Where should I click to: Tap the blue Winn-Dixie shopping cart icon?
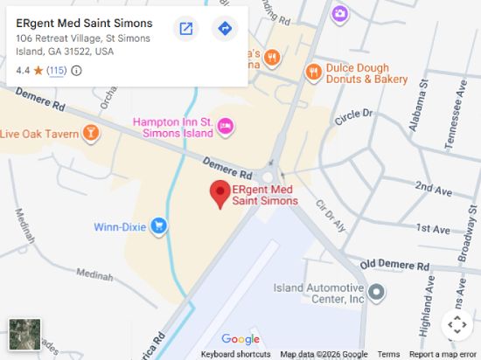tap(158, 227)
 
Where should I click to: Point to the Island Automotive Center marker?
tap(376, 293)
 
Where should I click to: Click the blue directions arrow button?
tap(225, 29)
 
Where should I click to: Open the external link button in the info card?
tap(186, 29)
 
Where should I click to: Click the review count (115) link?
tap(56, 71)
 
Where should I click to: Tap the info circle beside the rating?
tap(76, 71)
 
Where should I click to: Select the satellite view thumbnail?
tap(24, 333)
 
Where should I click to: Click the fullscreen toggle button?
tap(457, 325)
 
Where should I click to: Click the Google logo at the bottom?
tap(240, 339)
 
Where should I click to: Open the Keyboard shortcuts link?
tap(235, 354)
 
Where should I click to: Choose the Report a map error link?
tap(443, 354)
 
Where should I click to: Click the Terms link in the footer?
tap(388, 354)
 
